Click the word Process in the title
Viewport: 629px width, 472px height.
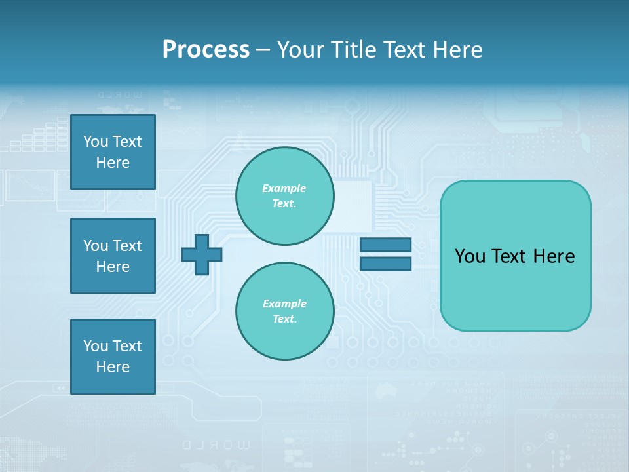206,50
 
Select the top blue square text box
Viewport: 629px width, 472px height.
113,152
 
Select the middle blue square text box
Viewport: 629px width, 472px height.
113,256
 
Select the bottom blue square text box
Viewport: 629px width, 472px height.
113,357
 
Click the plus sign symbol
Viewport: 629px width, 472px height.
202,254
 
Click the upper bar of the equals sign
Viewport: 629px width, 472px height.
385,245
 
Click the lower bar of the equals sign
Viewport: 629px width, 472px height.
385,264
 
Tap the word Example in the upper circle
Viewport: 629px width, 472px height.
284,188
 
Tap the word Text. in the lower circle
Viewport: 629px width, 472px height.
284,319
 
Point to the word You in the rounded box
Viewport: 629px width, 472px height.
470,256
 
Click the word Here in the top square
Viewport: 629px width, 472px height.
113,163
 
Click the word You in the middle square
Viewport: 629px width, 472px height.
96,246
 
